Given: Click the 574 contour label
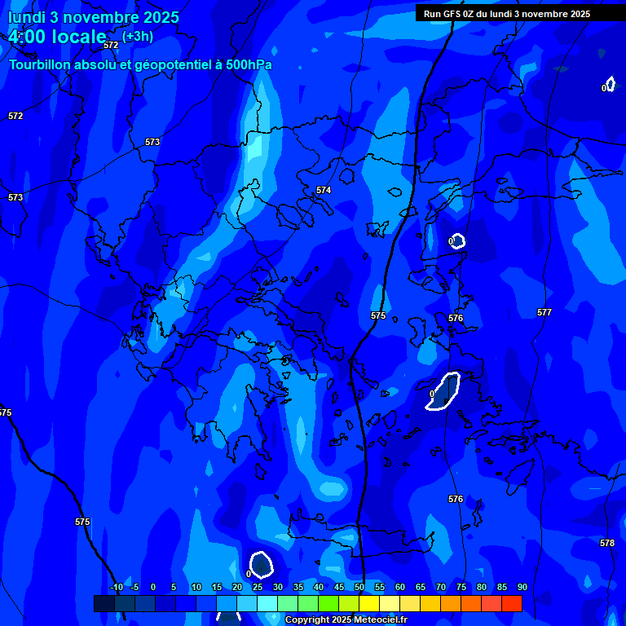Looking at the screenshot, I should (324, 190).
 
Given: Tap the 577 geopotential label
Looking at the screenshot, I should (544, 312).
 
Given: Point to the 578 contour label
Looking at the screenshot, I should (607, 543).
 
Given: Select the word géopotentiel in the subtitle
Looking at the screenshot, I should (164, 65).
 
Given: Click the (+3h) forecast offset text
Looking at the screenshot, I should (138, 36).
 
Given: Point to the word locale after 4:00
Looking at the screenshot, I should (78, 37).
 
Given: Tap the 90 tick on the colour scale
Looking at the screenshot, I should (522, 587).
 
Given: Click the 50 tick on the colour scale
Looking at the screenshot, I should (359, 587).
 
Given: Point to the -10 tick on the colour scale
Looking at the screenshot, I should (117, 587).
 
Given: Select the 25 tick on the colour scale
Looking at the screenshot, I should (257, 587).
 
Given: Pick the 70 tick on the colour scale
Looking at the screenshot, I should (440, 587).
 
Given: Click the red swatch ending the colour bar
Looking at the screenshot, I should (511, 603).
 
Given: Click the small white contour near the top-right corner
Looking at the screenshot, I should (610, 84).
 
